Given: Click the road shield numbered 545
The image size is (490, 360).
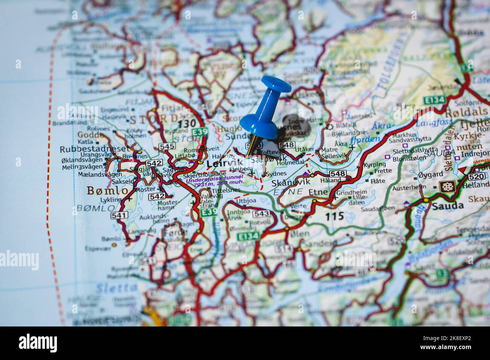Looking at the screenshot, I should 166,146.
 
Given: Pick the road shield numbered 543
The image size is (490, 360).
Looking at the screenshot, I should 261,214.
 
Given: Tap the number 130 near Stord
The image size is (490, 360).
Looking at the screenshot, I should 187,123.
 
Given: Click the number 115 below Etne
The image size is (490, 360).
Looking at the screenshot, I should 335,216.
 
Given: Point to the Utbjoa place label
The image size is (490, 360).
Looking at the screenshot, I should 246,201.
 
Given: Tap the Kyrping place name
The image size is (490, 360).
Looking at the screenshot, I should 374,165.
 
